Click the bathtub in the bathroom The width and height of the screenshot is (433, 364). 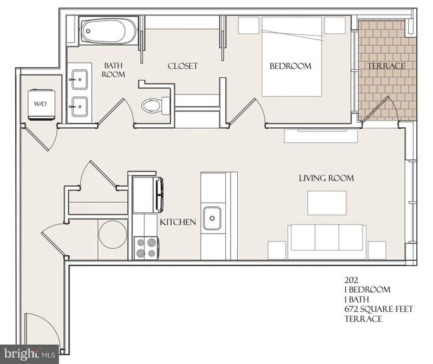click(109, 31)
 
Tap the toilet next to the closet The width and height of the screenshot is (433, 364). click(156, 105)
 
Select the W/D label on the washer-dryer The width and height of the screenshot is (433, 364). click(41, 104)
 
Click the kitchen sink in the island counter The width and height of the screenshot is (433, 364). click(212, 218)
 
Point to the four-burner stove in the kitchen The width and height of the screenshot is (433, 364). click(146, 248)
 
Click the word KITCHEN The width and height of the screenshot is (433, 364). click(178, 222)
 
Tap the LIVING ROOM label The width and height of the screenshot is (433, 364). click(326, 178)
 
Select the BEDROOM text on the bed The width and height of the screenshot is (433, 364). click(290, 66)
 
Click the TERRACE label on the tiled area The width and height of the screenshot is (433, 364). click(386, 66)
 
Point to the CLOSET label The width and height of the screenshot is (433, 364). click(183, 66)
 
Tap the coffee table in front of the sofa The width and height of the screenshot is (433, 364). click(327, 203)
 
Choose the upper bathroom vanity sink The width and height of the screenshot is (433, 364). click(80, 79)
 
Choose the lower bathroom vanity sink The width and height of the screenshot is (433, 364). click(80, 107)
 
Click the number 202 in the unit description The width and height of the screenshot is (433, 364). click(351, 280)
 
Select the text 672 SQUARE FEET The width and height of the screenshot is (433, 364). click(378, 309)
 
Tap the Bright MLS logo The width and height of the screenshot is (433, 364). click(29, 354)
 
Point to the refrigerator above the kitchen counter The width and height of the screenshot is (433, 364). click(147, 195)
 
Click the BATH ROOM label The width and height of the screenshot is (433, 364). click(113, 70)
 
